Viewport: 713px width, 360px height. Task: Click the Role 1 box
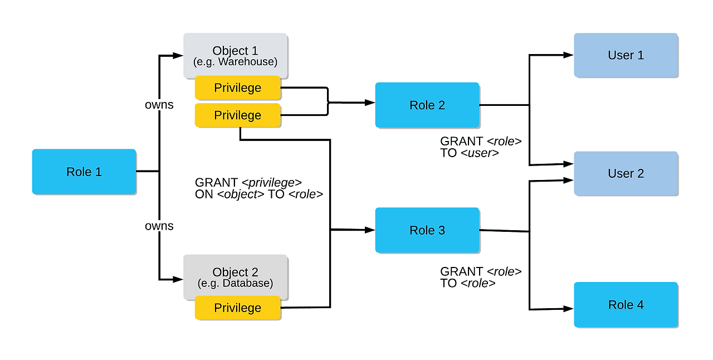click(84, 172)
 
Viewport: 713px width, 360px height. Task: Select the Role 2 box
click(427, 105)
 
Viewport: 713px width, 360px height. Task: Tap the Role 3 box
click(427, 230)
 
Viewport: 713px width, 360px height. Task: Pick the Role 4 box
click(626, 305)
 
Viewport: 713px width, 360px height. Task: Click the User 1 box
click(626, 55)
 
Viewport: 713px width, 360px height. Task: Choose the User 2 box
click(626, 173)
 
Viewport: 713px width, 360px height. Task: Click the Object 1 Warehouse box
click(236, 55)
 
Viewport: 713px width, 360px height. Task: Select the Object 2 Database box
click(236, 277)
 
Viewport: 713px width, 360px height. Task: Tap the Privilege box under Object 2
click(238, 308)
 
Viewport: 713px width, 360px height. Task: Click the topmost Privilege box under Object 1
click(238, 87)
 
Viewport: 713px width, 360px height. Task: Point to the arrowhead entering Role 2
click(370, 103)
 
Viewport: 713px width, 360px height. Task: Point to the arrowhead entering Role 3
click(370, 230)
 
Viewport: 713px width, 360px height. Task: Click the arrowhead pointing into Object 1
click(178, 56)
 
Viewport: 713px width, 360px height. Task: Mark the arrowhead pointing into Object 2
click(178, 279)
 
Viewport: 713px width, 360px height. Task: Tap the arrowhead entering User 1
click(569, 55)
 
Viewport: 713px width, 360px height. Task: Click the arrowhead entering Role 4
click(569, 309)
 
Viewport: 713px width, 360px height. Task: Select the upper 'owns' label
click(159, 105)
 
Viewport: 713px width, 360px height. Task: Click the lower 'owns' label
click(159, 226)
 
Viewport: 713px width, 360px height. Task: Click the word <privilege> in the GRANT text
click(271, 183)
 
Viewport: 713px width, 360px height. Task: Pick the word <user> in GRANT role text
click(480, 153)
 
